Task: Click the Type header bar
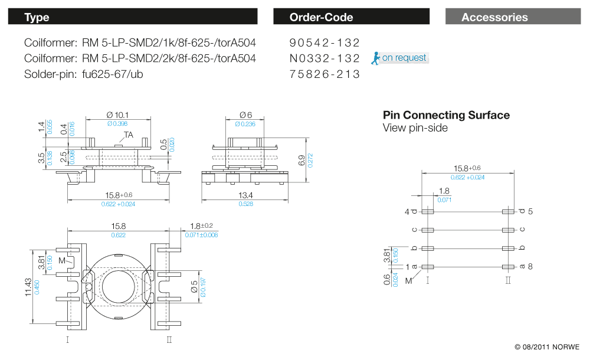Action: [x=132, y=17]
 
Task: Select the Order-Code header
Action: [x=351, y=17]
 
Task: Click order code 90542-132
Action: [x=324, y=42]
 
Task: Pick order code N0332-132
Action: [x=324, y=58]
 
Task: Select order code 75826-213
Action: [x=324, y=74]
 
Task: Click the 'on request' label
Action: [x=404, y=58]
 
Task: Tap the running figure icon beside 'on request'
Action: [x=375, y=58]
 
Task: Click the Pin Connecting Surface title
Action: [x=446, y=115]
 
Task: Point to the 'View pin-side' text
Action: [x=415, y=128]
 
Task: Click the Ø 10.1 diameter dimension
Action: [x=117, y=114]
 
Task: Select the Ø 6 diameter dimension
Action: [x=246, y=114]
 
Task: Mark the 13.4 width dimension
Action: [x=245, y=195]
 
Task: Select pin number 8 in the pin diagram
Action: [x=531, y=267]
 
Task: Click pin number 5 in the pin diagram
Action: [x=531, y=211]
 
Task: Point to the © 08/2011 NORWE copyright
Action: [x=547, y=347]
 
